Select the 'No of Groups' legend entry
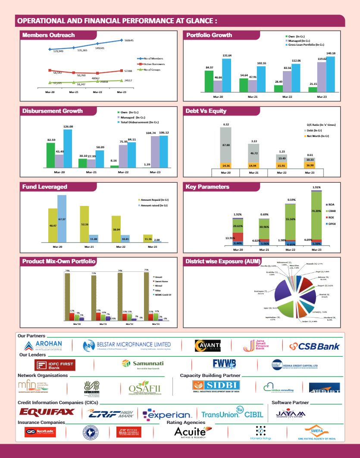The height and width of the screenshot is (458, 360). click(152, 69)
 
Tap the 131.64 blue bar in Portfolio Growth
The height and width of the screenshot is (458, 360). click(227, 75)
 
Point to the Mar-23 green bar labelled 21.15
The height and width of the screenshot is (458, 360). click(313, 90)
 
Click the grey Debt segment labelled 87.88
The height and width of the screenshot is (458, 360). click(225, 145)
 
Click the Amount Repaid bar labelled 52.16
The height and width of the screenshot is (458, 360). click(85, 224)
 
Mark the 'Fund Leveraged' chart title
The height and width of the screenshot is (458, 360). click(45, 187)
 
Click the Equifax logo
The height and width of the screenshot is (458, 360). click(46, 413)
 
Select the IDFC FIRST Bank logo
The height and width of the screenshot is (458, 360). click(55, 365)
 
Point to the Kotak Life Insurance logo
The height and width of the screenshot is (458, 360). click(42, 432)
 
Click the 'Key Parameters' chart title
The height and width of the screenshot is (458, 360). click(207, 187)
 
